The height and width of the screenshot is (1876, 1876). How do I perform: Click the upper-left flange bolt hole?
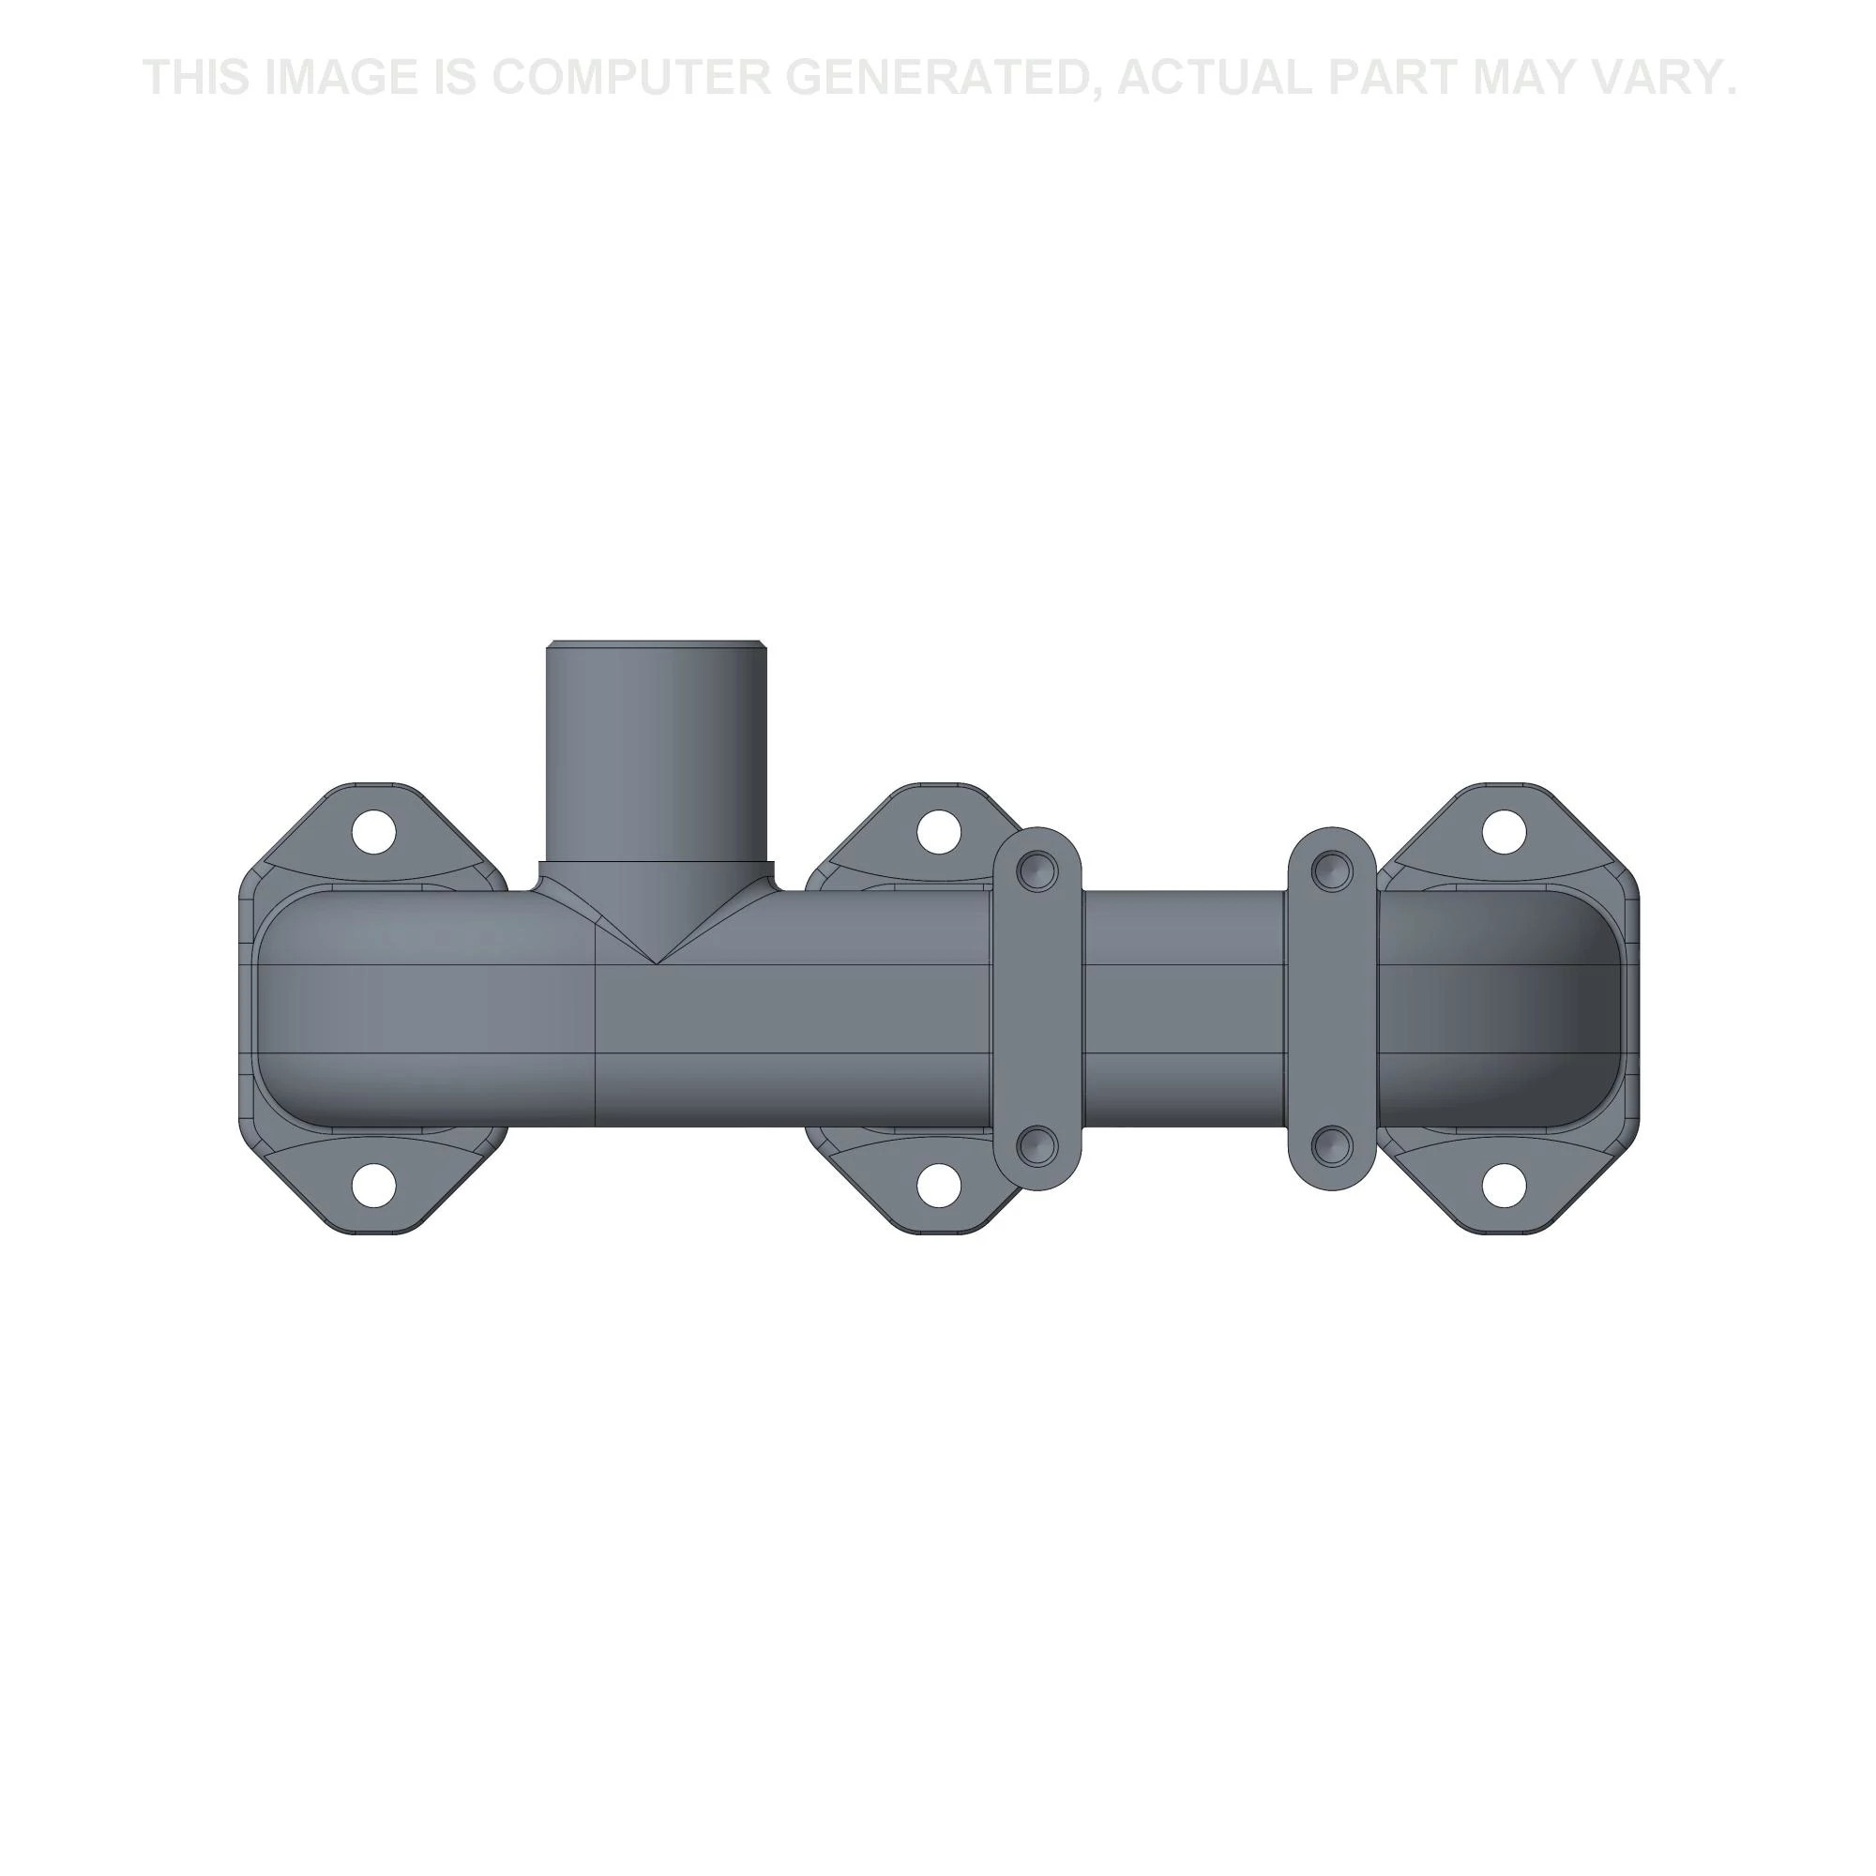[375, 832]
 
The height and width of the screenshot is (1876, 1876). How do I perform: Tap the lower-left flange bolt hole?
[375, 1185]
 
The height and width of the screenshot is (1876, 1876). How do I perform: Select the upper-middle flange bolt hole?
[938, 832]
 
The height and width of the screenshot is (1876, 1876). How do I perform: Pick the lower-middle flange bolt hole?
[938, 1185]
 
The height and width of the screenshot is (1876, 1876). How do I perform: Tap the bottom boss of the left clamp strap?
[1040, 1146]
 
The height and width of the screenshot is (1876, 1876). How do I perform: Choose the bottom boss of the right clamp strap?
[1331, 1146]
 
